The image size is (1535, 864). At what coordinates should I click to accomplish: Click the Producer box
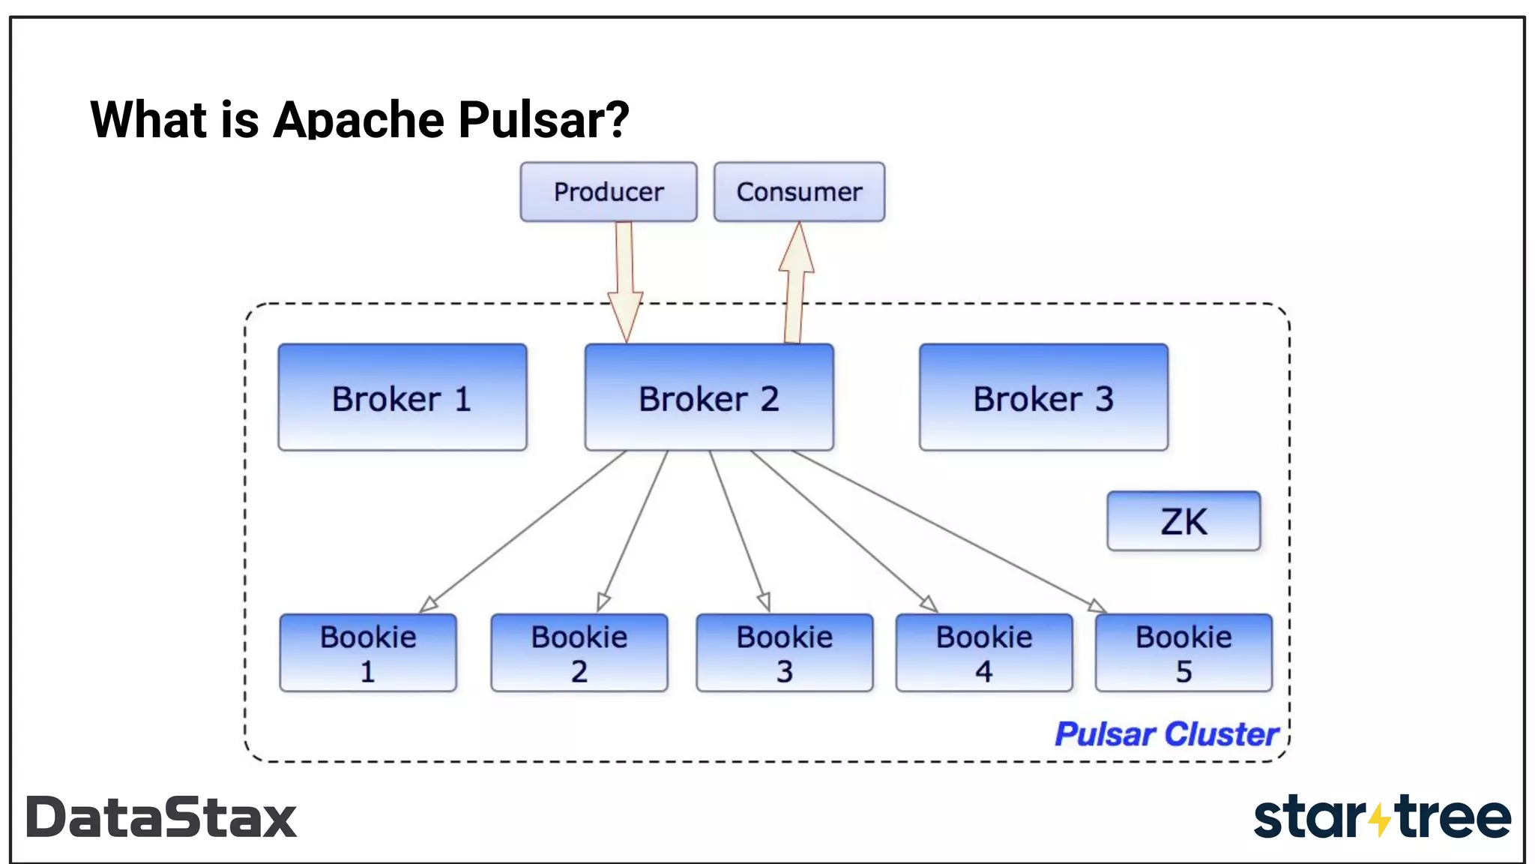tap(608, 192)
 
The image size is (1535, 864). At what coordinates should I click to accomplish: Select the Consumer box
tap(799, 192)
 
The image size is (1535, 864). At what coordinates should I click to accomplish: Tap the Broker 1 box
tap(402, 397)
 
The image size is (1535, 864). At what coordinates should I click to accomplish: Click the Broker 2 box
tap(708, 397)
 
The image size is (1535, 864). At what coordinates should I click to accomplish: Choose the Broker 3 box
tap(1043, 397)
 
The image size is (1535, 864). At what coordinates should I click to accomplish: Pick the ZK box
tap(1183, 521)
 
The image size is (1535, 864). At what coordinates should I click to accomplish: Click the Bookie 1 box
tap(367, 652)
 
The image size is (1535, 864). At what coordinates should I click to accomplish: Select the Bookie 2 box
tap(579, 652)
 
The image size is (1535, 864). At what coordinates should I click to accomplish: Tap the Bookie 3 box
tap(784, 652)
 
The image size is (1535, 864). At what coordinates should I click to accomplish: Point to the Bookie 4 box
tap(983, 652)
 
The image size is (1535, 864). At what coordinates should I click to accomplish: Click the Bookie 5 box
tap(1183, 652)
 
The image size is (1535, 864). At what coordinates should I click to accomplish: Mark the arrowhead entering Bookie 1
tap(428, 604)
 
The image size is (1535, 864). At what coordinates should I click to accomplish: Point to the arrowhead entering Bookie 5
tap(1097, 606)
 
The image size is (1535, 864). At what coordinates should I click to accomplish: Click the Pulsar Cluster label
tap(1166, 734)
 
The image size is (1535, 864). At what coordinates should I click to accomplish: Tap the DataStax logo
tap(161, 817)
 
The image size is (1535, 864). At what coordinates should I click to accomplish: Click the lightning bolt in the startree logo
tap(1379, 818)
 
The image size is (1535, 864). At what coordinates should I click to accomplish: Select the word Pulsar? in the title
tap(543, 120)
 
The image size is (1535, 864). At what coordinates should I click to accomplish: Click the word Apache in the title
tap(359, 120)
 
